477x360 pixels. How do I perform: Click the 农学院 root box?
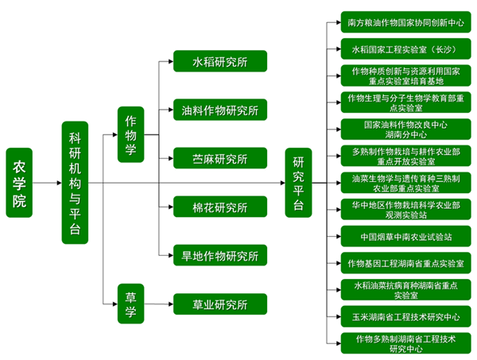(19, 183)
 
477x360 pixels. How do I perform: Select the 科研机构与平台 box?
(75, 182)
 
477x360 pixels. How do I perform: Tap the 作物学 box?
(130, 134)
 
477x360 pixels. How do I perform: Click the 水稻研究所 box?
(220, 61)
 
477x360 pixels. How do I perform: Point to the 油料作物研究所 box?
(220, 110)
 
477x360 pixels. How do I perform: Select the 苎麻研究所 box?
(220, 158)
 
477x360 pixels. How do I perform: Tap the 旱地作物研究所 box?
(220, 255)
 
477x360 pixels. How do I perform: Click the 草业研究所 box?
(220, 304)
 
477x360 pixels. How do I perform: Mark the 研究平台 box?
(299, 182)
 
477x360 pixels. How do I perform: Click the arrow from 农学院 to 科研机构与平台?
(48, 183)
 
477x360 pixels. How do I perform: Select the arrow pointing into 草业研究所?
(163, 304)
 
